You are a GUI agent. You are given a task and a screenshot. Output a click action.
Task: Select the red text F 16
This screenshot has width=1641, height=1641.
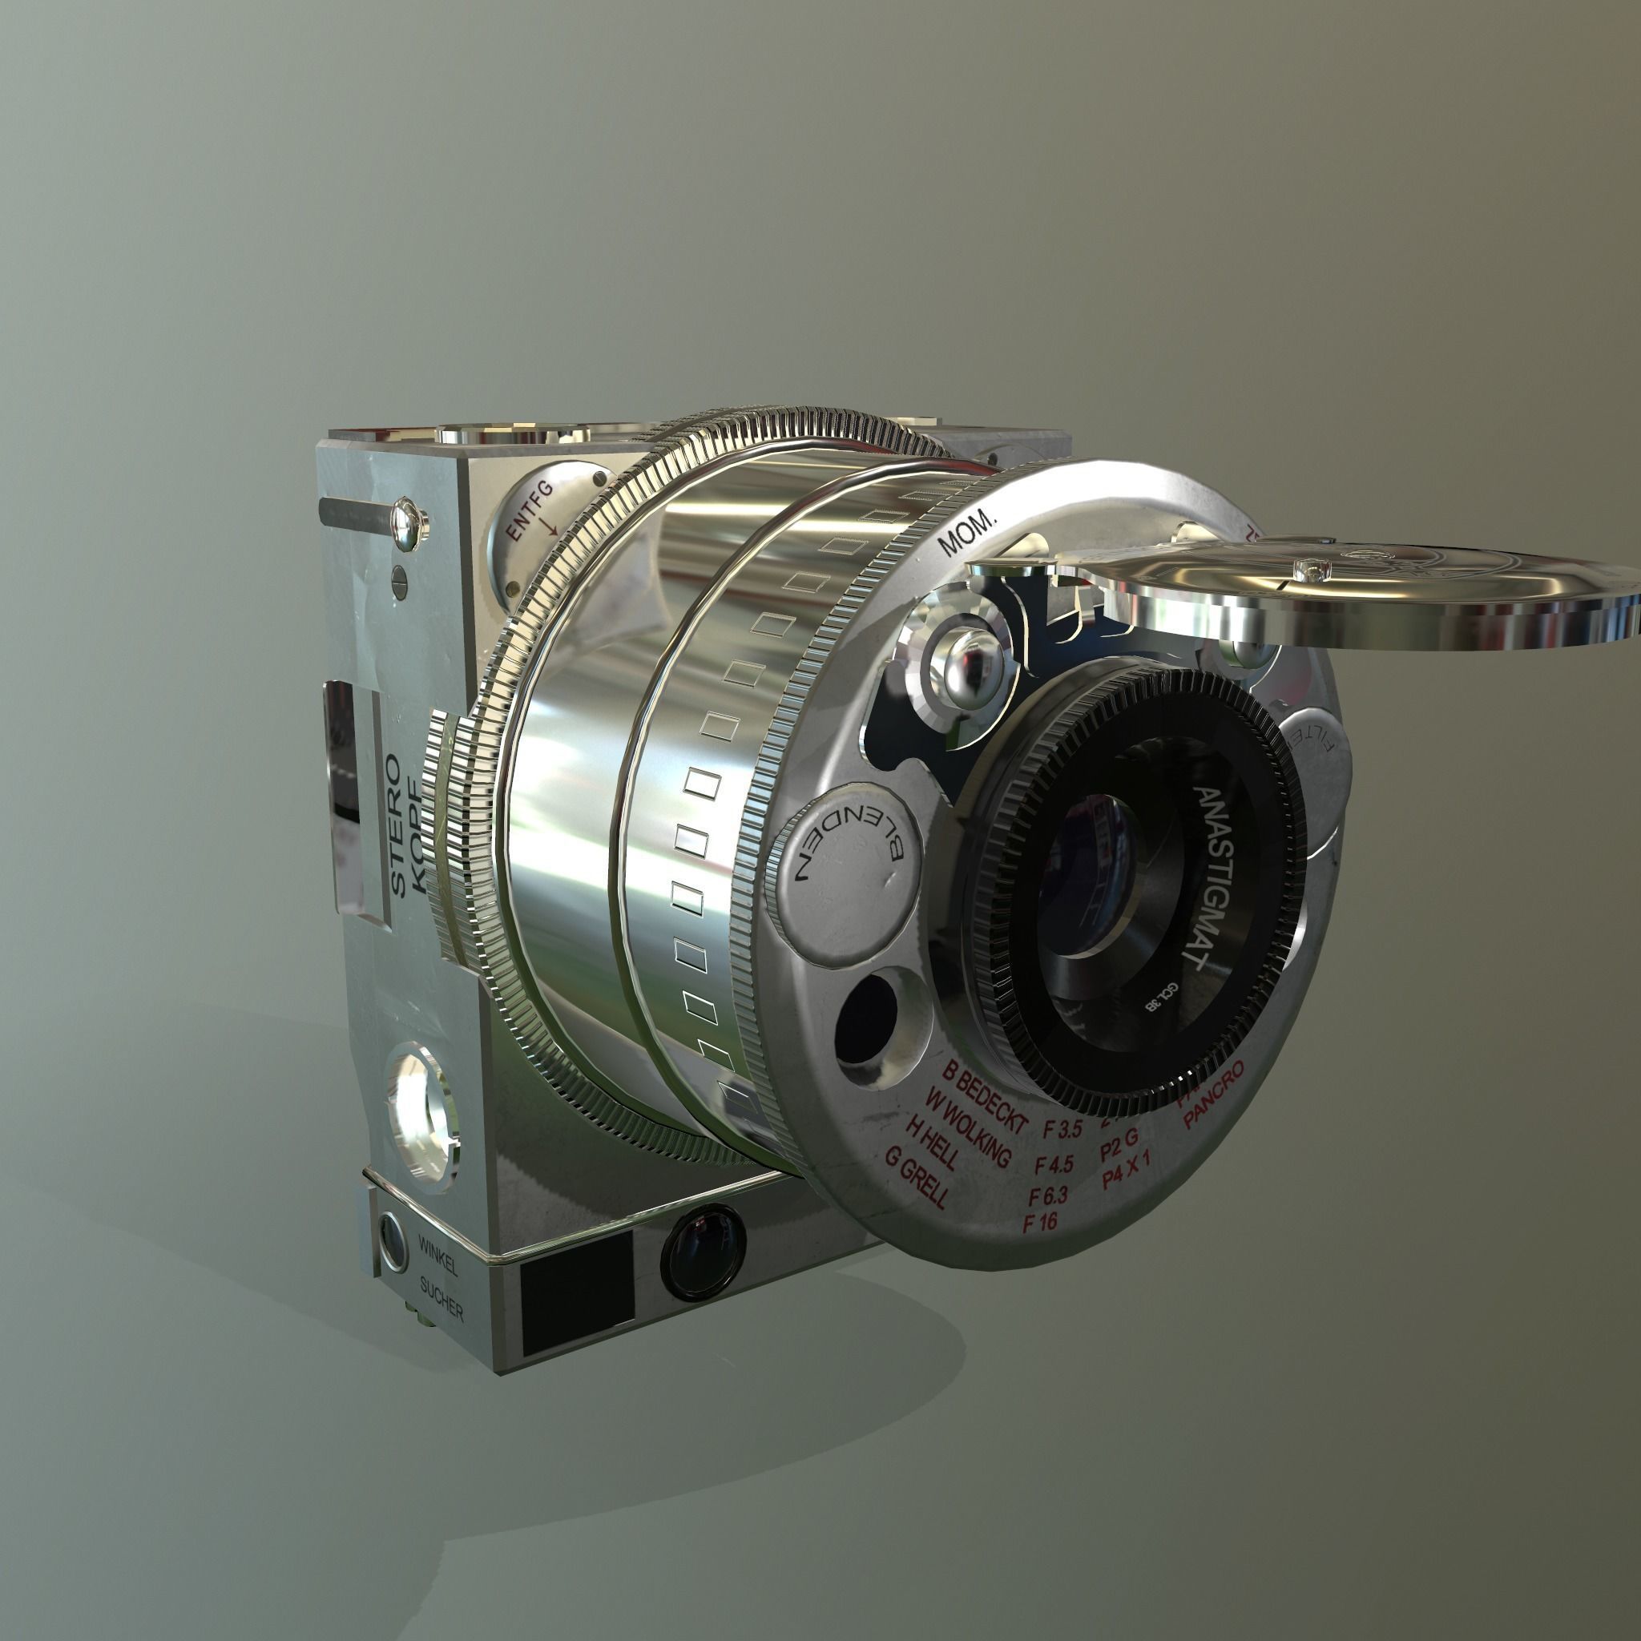[x=1041, y=1222]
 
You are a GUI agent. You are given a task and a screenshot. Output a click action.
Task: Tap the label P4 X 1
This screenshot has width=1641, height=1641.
[x=1126, y=1178]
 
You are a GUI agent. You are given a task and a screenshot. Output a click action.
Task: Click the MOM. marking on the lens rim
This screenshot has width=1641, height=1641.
[x=967, y=531]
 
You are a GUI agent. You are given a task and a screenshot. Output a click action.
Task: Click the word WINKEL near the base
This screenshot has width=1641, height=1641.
[x=437, y=1256]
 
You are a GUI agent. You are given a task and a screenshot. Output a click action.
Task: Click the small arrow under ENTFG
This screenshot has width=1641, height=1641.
[x=548, y=526]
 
